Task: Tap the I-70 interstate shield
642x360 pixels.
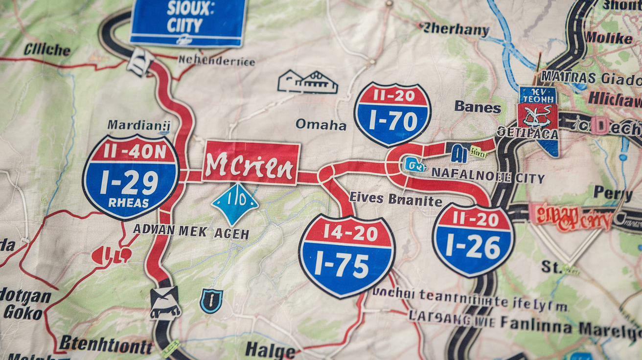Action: [x=392, y=114]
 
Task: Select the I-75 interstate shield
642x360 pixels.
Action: [x=346, y=255]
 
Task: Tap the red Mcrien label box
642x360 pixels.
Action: [x=251, y=163]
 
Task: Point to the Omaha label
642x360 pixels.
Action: [x=321, y=125]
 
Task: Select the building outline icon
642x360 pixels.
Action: [x=307, y=82]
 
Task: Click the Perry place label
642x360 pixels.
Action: [x=613, y=193]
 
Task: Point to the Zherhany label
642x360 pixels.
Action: [x=455, y=30]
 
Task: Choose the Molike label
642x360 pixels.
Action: [x=609, y=38]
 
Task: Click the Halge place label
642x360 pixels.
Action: [x=270, y=350]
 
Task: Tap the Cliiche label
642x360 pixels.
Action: [x=47, y=49]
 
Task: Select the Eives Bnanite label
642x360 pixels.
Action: [x=395, y=200]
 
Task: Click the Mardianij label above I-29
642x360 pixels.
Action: [x=138, y=125]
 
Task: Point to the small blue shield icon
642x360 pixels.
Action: [x=211, y=300]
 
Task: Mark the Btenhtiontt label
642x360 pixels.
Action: [x=106, y=345]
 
